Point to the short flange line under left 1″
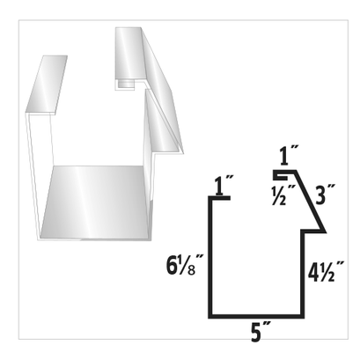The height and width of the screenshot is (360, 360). click(x=219, y=198)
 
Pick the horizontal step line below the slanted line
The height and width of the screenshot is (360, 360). click(x=315, y=233)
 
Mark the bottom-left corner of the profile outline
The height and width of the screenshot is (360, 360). click(x=209, y=316)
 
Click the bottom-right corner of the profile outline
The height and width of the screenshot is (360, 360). click(x=305, y=316)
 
